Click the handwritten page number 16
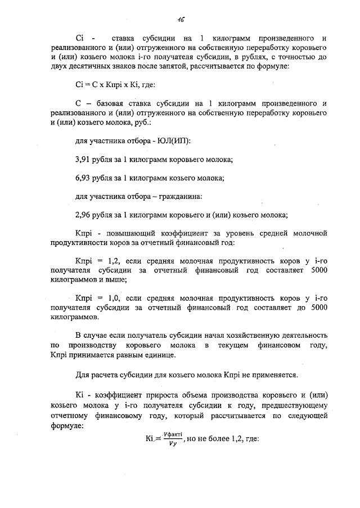point(181,19)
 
